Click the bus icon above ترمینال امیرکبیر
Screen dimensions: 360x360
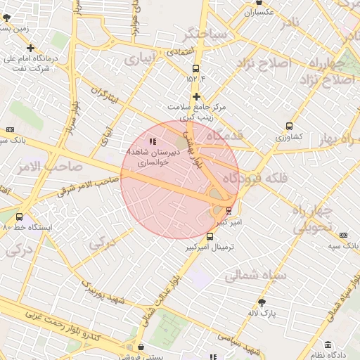pyautogui.click(x=210, y=236)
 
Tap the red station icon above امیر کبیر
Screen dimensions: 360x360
pyautogui.click(x=229, y=210)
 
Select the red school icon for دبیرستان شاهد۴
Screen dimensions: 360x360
pyautogui.click(x=153, y=142)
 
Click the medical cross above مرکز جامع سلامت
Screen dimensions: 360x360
pyautogui.click(x=196, y=96)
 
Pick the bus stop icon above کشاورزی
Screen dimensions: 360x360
pyautogui.click(x=289, y=127)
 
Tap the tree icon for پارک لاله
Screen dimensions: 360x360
pyautogui.click(x=262, y=302)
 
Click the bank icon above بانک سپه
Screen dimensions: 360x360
pyautogui.click(x=343, y=236)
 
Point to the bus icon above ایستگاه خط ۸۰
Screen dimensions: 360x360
pyautogui.click(x=19, y=217)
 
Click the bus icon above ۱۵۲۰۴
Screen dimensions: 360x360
pyautogui.click(x=195, y=68)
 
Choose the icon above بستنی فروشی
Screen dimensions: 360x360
pyautogui.click(x=143, y=347)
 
